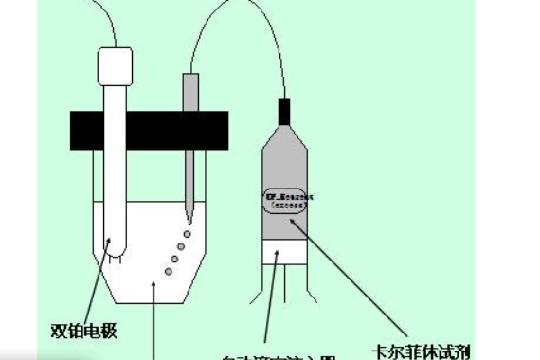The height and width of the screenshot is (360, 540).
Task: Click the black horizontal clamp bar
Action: [149, 130]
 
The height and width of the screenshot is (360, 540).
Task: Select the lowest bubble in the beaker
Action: [169, 271]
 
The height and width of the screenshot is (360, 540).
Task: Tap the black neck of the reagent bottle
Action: [283, 111]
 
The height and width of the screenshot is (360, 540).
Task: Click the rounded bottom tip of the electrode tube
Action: [113, 250]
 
